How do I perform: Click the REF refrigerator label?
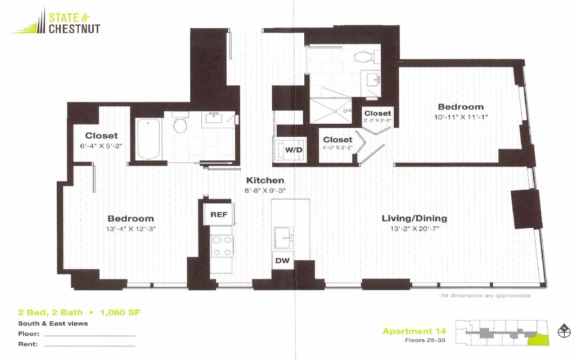click(x=219, y=214)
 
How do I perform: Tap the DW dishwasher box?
click(x=282, y=260)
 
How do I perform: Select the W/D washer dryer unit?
click(x=294, y=150)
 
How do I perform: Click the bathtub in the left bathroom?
click(x=148, y=139)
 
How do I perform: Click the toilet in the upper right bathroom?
click(x=364, y=57)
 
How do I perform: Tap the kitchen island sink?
click(x=283, y=238)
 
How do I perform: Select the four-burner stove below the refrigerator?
click(x=222, y=246)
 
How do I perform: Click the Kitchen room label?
click(x=265, y=181)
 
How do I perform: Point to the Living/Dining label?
click(x=415, y=218)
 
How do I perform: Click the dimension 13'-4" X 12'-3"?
click(x=130, y=229)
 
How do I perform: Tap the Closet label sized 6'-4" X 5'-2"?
click(x=101, y=136)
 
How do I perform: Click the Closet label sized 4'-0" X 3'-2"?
click(x=337, y=139)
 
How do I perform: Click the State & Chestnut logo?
click(x=56, y=22)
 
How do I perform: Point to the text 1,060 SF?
click(x=120, y=313)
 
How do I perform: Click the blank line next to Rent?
click(x=89, y=346)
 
